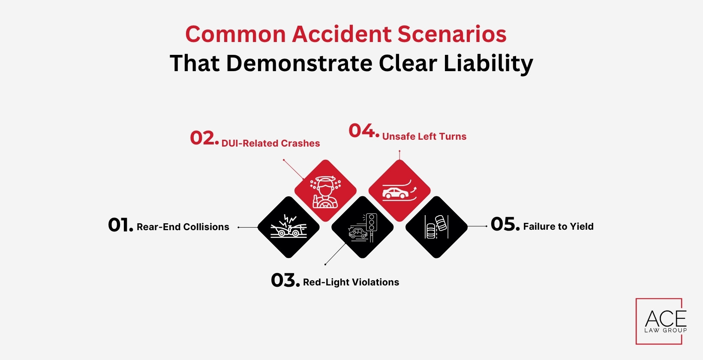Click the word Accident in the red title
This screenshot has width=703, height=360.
pyautogui.click(x=341, y=34)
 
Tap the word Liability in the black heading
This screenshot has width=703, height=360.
pyautogui.click(x=488, y=63)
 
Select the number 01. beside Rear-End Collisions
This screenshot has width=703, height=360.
pyautogui.click(x=120, y=225)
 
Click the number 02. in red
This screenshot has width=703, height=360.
pyautogui.click(x=204, y=138)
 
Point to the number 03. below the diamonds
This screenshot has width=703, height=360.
pyautogui.click(x=285, y=281)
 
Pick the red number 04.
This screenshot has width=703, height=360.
pyautogui.click(x=364, y=131)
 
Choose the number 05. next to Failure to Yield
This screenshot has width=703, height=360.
pyautogui.click(x=505, y=225)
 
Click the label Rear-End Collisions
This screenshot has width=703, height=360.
pyautogui.click(x=183, y=227)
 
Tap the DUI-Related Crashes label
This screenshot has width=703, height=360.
pyautogui.click(x=270, y=144)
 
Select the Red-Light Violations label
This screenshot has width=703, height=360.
pyautogui.click(x=351, y=282)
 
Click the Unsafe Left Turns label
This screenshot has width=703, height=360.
pyautogui.click(x=424, y=137)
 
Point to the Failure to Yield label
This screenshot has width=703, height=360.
pyautogui.click(x=558, y=227)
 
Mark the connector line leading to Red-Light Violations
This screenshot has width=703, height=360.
pyautogui.click(x=336, y=254)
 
